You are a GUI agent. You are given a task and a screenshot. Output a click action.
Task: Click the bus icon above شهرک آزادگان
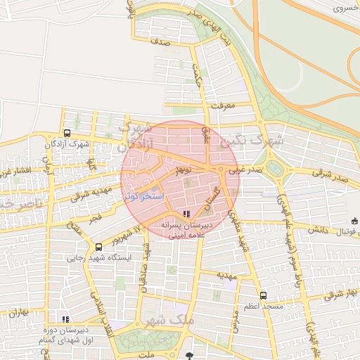(67, 133)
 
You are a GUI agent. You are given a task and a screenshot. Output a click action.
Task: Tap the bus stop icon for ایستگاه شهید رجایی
(98, 247)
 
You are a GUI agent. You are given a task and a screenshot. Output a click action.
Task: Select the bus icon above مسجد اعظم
(263, 296)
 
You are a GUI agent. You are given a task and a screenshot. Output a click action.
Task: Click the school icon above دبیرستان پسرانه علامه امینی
(186, 214)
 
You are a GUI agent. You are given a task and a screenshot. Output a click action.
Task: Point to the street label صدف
(160, 42)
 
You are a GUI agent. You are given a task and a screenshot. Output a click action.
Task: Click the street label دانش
(317, 230)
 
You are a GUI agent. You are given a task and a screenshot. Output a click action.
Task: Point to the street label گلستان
(213, 199)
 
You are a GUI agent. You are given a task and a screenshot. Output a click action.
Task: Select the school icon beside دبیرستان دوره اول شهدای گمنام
(66, 319)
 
